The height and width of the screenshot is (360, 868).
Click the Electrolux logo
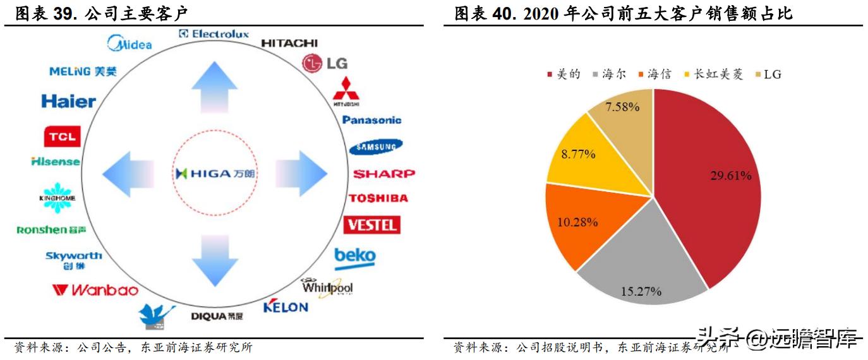pyautogui.click(x=214, y=34)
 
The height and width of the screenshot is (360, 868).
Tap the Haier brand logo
pyautogui.click(x=68, y=101)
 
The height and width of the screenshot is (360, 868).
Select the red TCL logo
pyautogui.click(x=62, y=136)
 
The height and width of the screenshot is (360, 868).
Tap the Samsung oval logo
pyautogui.click(x=375, y=147)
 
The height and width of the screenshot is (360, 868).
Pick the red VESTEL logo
pyautogui.click(x=371, y=225)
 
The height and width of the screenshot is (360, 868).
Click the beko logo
pyautogui.click(x=354, y=257)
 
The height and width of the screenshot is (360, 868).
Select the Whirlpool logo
pyautogui.click(x=327, y=287)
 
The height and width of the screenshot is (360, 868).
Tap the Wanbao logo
pyautogui.click(x=95, y=290)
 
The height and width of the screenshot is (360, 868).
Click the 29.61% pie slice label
pyautogui.click(x=730, y=176)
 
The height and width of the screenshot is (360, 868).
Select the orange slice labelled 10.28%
pyautogui.click(x=577, y=222)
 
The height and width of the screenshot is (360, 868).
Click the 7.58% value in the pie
pyautogui.click(x=622, y=107)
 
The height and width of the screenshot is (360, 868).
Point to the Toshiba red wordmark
pyautogui.click(x=378, y=198)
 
